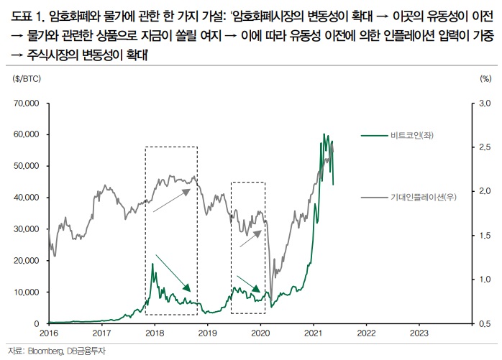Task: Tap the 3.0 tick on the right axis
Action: tap(485, 103)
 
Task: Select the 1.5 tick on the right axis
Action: tap(485, 236)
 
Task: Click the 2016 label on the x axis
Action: tap(49, 333)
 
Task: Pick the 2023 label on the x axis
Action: tap(419, 333)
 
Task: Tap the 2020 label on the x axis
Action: tap(260, 333)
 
